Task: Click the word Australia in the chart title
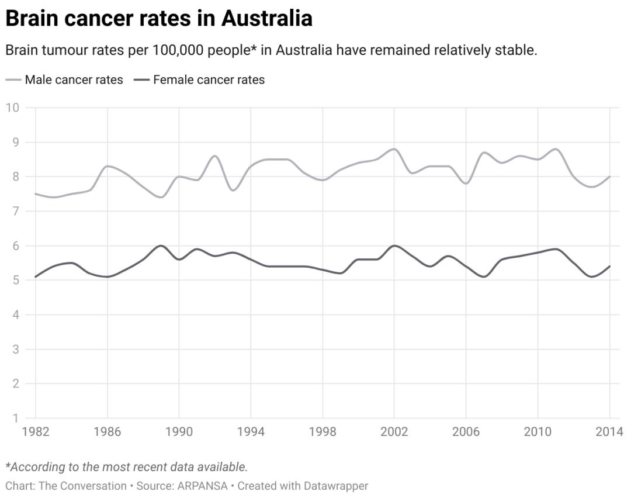tap(266, 19)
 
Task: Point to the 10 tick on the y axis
tap(13, 108)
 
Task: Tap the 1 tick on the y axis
tap(16, 419)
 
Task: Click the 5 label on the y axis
tap(16, 281)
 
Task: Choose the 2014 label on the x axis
tap(609, 432)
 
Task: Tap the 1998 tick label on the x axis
tap(323, 432)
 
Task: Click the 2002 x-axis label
tap(394, 432)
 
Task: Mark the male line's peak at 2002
tap(394, 149)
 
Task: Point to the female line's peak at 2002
tap(394, 245)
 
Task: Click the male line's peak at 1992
tap(215, 156)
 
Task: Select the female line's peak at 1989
tap(161, 245)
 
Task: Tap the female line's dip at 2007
tap(484, 276)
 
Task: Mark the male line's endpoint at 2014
tap(609, 177)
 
